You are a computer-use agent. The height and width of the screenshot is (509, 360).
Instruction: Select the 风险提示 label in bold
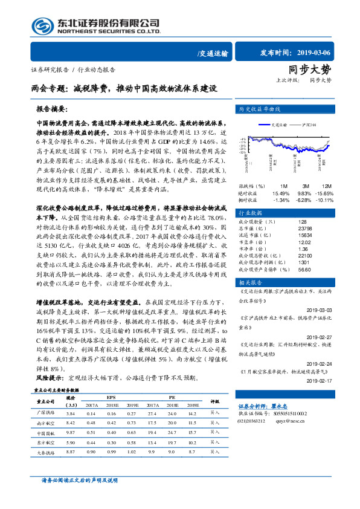[x=50, y=377]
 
